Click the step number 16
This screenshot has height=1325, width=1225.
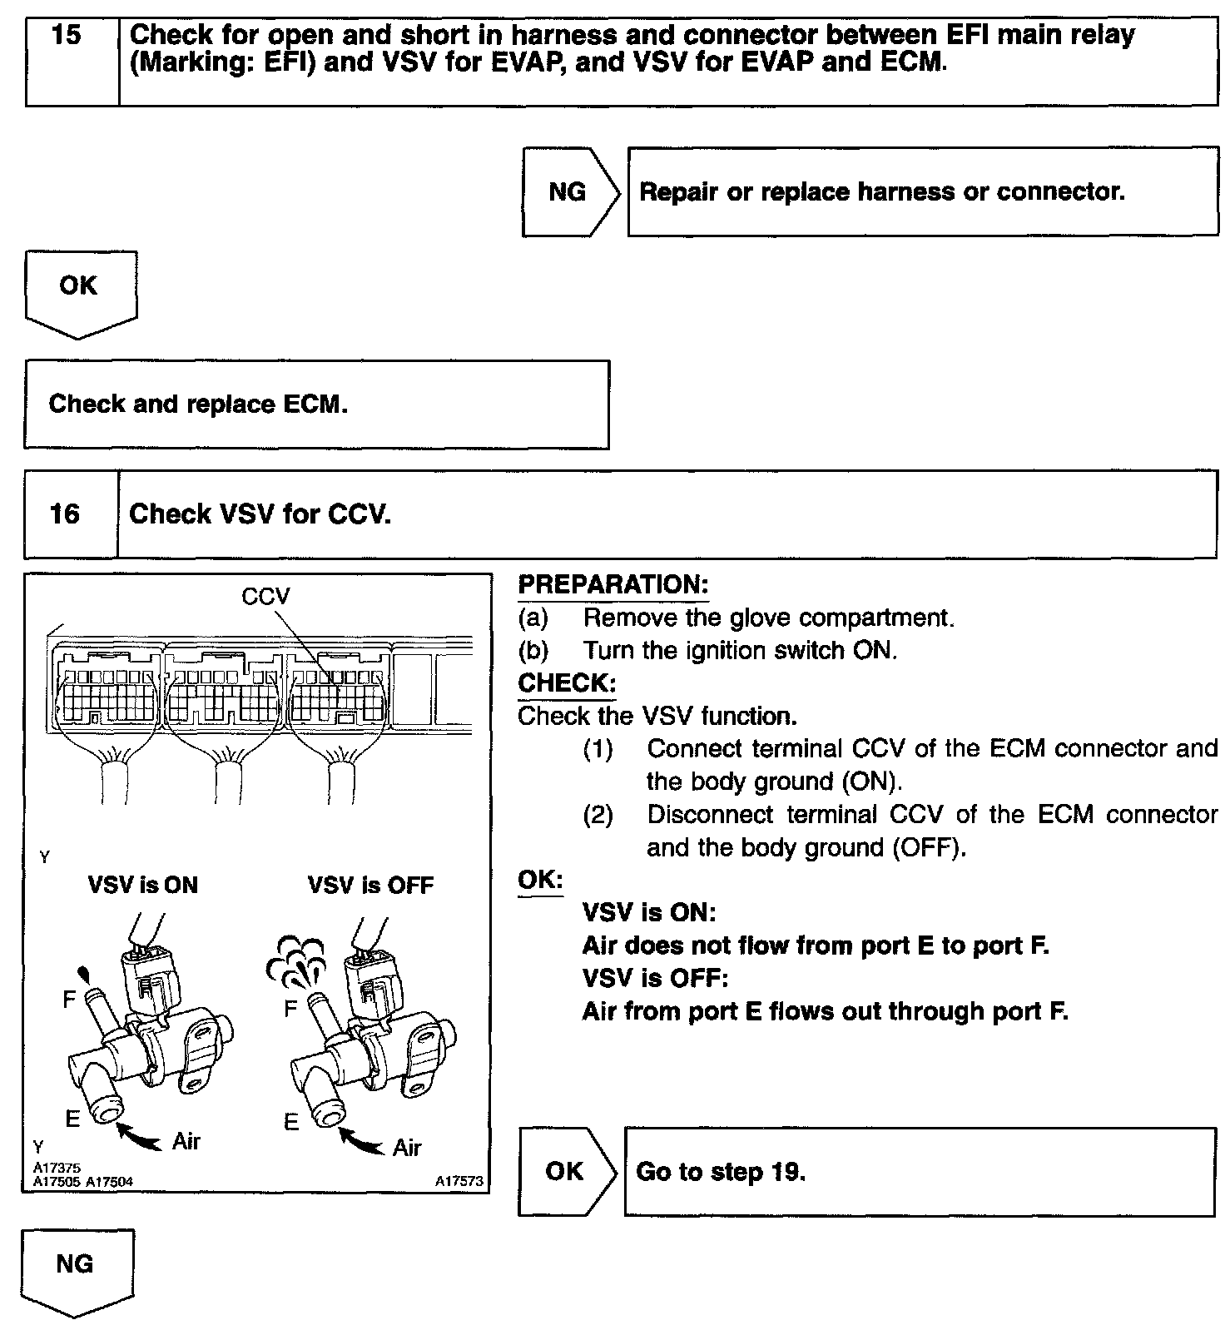click(x=65, y=514)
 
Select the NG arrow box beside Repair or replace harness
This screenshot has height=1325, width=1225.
click(x=568, y=192)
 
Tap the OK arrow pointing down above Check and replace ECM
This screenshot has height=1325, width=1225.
click(x=79, y=290)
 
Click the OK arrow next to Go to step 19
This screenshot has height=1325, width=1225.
click(x=565, y=1171)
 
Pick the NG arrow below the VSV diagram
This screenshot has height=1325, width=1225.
click(x=75, y=1268)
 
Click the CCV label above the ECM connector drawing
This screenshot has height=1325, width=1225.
click(x=265, y=596)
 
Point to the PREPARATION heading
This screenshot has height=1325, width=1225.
click(x=612, y=584)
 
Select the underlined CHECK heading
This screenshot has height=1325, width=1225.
click(x=566, y=683)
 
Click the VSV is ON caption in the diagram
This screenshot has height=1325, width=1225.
click(x=143, y=884)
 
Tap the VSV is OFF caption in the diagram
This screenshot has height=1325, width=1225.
click(x=370, y=884)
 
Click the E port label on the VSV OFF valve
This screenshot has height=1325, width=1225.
click(x=291, y=1123)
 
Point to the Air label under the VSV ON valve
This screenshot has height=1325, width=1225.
click(x=186, y=1141)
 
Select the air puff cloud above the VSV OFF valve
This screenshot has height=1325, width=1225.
click(x=297, y=957)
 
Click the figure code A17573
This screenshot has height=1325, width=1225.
click(x=458, y=1181)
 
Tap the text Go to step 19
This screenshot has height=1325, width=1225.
click(x=721, y=1172)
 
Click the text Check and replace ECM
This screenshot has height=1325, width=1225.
click(x=198, y=404)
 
